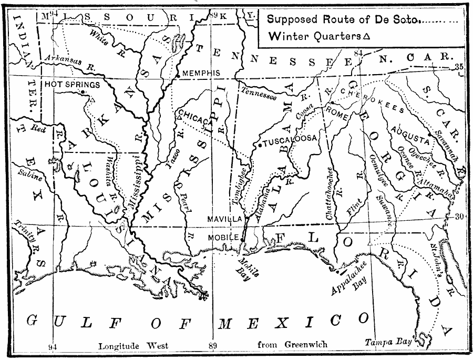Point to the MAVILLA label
click(x=224, y=218)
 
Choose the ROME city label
click(x=337, y=111)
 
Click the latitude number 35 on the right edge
click(x=458, y=67)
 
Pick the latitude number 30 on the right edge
click(x=458, y=216)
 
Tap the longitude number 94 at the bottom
click(x=52, y=346)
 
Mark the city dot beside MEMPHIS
click(x=179, y=77)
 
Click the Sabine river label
click(x=27, y=172)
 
